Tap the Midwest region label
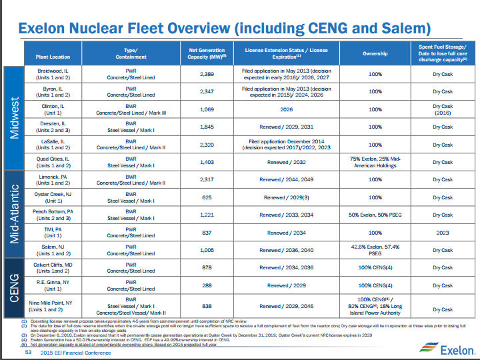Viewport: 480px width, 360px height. (x=15, y=117)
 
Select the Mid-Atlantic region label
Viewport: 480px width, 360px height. (x=15, y=206)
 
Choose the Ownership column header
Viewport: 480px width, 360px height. (x=371, y=54)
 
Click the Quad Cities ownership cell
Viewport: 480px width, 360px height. (x=370, y=162)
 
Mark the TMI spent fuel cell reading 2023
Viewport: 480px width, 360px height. (x=442, y=233)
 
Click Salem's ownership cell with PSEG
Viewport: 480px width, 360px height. (x=370, y=250)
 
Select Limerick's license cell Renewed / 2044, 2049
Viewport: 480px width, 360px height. (x=287, y=179)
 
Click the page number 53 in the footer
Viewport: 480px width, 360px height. (x=29, y=352)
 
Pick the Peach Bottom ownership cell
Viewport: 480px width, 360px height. (x=370, y=215)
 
